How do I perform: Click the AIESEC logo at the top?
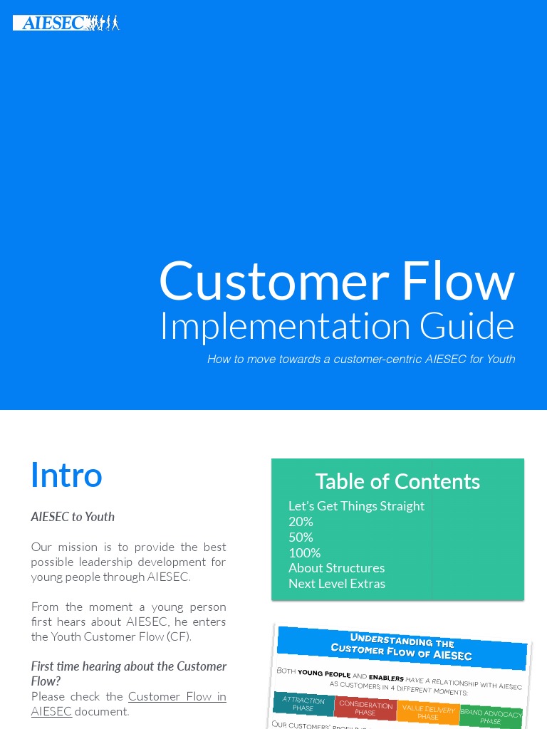(66, 23)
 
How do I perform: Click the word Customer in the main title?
(273, 280)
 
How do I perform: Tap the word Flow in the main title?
(457, 280)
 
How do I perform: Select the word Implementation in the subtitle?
(285, 326)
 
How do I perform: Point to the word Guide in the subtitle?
(467, 326)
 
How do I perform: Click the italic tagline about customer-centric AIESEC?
(360, 360)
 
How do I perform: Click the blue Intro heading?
(66, 475)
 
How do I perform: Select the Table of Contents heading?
(397, 482)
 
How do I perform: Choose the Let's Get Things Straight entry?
(356, 506)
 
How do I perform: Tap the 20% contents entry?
(301, 522)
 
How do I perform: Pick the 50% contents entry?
(301, 537)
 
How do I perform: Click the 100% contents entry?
(304, 553)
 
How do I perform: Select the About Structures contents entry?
(336, 568)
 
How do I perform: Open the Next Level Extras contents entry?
(337, 584)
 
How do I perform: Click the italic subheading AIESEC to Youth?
(73, 517)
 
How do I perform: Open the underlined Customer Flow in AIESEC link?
(177, 696)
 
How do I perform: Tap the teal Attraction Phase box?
(303, 704)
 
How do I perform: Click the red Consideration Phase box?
(365, 708)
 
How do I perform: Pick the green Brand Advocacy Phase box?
(491, 716)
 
